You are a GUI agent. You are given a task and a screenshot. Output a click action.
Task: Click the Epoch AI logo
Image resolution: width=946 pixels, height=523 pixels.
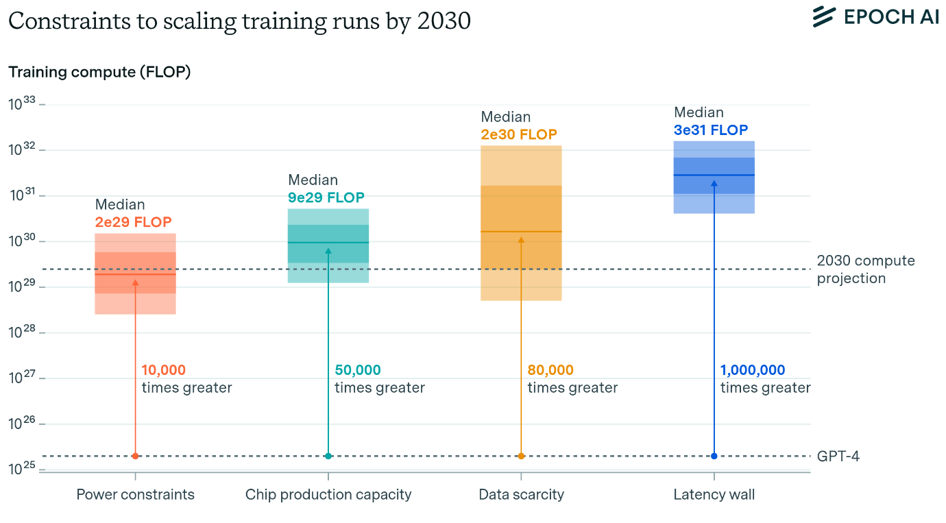point(875,17)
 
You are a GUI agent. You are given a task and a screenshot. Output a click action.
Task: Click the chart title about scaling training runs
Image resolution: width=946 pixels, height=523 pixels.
point(239,21)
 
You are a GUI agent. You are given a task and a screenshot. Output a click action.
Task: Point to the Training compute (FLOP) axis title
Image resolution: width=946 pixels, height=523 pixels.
point(99,72)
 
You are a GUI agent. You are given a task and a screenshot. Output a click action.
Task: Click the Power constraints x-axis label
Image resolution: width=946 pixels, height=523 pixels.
point(135,494)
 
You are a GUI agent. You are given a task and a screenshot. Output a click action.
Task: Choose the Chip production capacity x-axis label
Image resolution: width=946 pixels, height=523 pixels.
point(328,494)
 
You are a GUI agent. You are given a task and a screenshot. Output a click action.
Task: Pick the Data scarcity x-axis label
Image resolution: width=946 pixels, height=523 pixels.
point(521,494)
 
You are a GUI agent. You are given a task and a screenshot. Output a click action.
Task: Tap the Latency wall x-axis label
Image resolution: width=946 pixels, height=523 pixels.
point(714,494)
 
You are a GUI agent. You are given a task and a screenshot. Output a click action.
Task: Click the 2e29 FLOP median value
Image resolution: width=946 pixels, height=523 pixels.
point(133,222)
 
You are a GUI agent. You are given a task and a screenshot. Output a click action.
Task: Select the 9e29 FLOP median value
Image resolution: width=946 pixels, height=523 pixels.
point(326,198)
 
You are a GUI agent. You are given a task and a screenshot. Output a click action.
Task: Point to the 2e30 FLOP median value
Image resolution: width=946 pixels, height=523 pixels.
point(519,134)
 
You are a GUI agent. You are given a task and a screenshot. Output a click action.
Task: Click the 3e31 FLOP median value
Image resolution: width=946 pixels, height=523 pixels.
point(711,130)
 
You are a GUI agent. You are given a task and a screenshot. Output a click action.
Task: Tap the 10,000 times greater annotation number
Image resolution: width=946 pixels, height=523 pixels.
point(163,370)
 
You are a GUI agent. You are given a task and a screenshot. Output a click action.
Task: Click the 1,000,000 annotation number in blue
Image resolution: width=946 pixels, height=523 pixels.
point(752,370)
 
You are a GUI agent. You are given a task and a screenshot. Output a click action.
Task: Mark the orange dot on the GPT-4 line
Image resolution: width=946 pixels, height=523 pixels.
point(521,456)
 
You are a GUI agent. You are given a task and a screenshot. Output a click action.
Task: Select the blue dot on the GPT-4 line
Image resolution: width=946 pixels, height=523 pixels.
point(714,456)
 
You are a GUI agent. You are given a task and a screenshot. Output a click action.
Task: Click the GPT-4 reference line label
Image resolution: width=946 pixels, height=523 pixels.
point(838,456)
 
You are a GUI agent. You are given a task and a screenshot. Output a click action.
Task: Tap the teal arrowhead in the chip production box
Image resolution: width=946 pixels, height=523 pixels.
point(328,251)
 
